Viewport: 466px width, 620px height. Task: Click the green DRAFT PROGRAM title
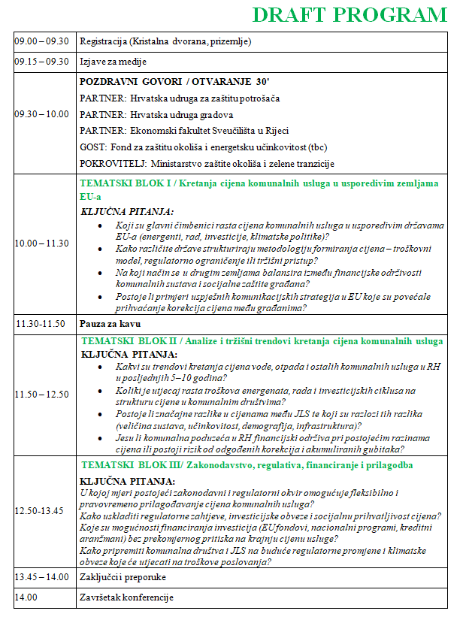tap(349, 14)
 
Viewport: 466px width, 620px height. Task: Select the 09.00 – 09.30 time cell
tap(42, 41)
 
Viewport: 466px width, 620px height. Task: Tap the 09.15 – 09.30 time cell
tap(42, 62)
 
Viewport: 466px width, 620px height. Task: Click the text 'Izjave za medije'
tap(113, 62)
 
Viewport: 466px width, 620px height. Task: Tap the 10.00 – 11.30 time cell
tap(42, 243)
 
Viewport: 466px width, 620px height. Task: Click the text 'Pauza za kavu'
tap(110, 324)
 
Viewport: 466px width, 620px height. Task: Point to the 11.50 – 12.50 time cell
tap(42, 395)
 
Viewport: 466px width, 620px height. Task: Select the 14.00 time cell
tap(26, 597)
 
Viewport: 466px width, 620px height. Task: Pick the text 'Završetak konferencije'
tap(126, 597)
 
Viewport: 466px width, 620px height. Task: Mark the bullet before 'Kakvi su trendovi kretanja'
tap(101, 366)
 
